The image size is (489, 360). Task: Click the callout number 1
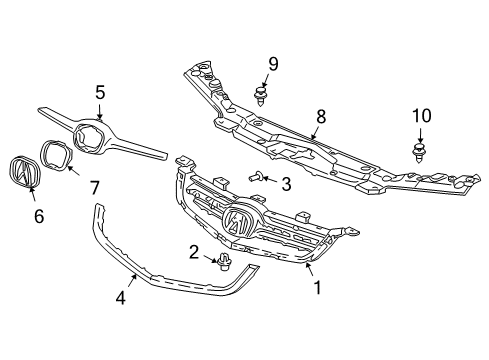319,288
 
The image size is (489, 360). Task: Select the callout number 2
195,252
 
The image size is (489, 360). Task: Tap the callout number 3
285,183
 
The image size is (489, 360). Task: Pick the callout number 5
100,92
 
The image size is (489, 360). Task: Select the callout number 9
271,65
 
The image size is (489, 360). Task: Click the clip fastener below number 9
262,96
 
